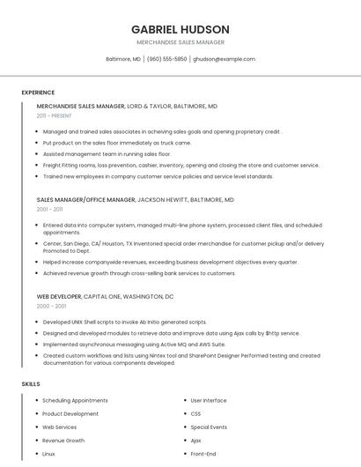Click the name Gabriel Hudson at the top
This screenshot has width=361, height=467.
click(180, 29)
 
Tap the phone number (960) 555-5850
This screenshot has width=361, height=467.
click(167, 59)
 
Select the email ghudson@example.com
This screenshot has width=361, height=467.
click(225, 59)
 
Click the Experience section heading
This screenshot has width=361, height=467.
click(38, 93)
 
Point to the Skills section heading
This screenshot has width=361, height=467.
click(31, 384)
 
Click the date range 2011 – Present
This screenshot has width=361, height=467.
click(55, 115)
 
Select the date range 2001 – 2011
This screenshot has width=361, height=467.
click(49, 210)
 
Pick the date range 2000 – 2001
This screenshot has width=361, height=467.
click(51, 307)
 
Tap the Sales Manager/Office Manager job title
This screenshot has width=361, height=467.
click(86, 200)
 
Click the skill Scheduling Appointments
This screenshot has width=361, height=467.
click(75, 400)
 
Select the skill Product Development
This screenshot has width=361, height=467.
click(70, 413)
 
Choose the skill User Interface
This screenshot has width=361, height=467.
click(209, 400)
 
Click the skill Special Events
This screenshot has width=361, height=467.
click(209, 426)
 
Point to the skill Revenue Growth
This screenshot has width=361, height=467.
click(63, 440)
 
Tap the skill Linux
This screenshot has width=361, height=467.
click(48, 453)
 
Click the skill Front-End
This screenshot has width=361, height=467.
click(203, 453)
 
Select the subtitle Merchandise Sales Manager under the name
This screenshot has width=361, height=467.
click(180, 42)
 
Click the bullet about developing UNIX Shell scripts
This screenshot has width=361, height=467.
click(124, 322)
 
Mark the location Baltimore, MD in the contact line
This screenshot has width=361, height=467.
click(123, 59)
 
